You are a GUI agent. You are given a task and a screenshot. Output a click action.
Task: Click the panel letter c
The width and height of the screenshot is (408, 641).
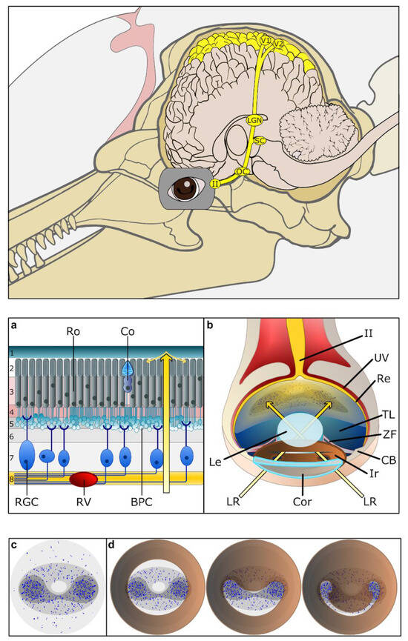(15, 545)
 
